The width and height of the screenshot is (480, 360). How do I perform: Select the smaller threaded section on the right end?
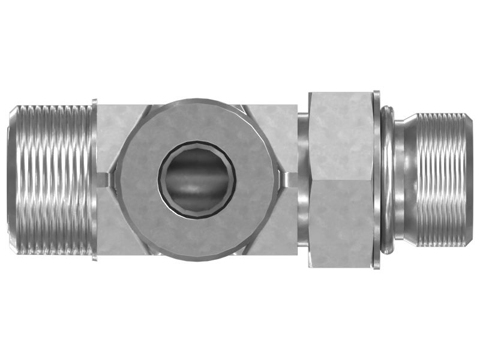[x=441, y=180]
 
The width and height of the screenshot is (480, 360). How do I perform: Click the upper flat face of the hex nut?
[x=340, y=135]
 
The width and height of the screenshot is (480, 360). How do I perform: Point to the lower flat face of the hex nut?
[x=340, y=225]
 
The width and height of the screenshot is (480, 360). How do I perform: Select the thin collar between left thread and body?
[x=95, y=180]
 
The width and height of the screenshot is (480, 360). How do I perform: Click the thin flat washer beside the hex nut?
[x=376, y=180]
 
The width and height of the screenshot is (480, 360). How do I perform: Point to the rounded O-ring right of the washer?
[x=388, y=180]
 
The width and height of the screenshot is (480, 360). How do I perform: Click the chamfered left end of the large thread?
[x=13, y=180]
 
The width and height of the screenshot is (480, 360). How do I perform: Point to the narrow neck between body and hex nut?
[x=303, y=180]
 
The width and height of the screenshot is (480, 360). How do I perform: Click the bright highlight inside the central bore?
[x=192, y=191]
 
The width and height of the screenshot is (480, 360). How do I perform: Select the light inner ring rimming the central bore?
[x=197, y=146]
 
